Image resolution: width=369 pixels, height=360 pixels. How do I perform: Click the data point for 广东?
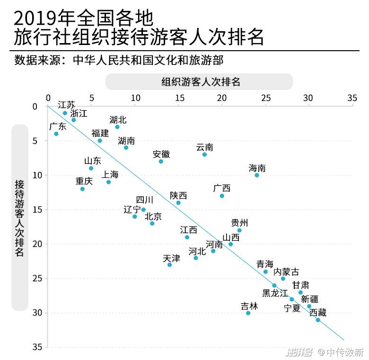[x=56, y=134]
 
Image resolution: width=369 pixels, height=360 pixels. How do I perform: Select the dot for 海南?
[x=257, y=175]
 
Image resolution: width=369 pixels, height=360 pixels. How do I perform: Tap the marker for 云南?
[x=204, y=154]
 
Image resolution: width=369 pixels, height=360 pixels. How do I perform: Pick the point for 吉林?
[x=248, y=313]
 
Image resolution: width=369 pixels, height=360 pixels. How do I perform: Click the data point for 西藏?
[x=318, y=320]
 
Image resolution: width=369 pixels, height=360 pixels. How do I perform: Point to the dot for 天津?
[x=169, y=265]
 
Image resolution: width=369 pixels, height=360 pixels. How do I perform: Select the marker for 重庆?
[x=82, y=189]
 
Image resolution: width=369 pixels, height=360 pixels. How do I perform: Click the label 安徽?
[x=161, y=154]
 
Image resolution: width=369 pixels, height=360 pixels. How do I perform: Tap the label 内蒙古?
[x=287, y=271]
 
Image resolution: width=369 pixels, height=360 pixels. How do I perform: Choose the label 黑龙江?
[x=275, y=293]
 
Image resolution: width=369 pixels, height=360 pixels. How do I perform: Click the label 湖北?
[x=118, y=120]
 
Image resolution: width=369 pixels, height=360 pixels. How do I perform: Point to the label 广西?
[x=222, y=188]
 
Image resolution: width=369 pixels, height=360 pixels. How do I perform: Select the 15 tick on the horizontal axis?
[x=178, y=98]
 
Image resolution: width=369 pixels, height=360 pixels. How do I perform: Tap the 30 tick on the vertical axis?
[x=37, y=313]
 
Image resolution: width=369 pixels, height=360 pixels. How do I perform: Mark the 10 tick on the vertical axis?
[x=37, y=175]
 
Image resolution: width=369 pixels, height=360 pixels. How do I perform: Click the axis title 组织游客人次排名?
[x=201, y=81]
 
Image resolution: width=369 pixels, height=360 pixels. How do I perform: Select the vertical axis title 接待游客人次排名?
[x=19, y=218]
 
